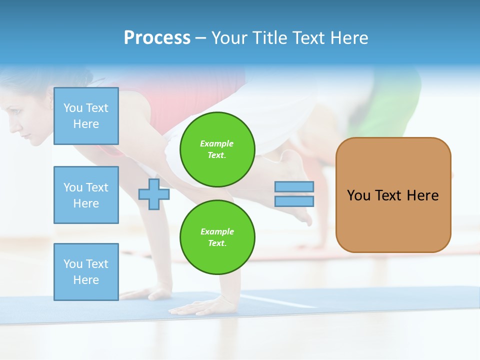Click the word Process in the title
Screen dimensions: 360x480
pyautogui.click(x=157, y=38)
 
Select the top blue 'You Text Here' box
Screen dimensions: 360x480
pyautogui.click(x=86, y=116)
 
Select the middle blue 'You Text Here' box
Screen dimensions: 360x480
pyautogui.click(x=86, y=195)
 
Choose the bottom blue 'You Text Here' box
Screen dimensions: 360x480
pyautogui.click(x=86, y=271)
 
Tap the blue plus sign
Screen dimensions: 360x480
pyautogui.click(x=153, y=194)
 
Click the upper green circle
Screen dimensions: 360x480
pyautogui.click(x=217, y=149)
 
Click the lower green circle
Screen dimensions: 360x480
pyautogui.click(x=217, y=237)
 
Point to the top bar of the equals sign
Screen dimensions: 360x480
pyautogui.click(x=294, y=186)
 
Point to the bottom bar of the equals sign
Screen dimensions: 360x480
pyautogui.click(x=294, y=201)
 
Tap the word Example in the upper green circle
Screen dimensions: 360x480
pyautogui.click(x=217, y=143)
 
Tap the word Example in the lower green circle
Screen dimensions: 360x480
pyautogui.click(x=217, y=231)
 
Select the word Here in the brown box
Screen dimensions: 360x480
pyautogui.click(x=422, y=195)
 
